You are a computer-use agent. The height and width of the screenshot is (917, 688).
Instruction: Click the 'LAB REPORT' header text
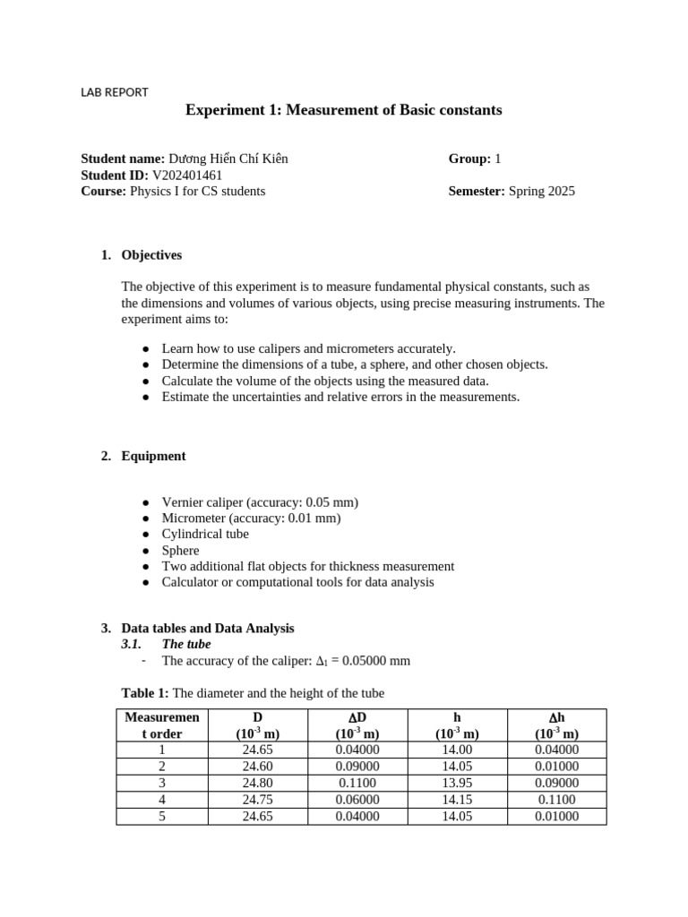click(x=115, y=91)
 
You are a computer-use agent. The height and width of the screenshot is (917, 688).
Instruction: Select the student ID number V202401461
click(x=187, y=175)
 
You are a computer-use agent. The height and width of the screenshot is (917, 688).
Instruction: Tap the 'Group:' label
click(x=469, y=159)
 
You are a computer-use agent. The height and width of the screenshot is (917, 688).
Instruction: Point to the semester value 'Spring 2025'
click(x=542, y=191)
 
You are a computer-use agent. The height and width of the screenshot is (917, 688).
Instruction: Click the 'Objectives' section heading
click(x=151, y=255)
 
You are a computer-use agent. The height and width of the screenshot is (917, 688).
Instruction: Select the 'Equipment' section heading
click(x=153, y=456)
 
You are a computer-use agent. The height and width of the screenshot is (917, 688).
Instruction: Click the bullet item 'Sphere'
click(x=180, y=551)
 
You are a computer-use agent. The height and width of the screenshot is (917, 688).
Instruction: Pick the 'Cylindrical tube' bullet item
click(x=205, y=535)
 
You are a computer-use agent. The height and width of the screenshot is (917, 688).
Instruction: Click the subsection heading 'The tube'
click(x=186, y=645)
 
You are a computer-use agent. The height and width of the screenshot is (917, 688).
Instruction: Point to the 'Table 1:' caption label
click(x=145, y=693)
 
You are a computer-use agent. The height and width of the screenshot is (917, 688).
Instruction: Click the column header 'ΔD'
click(x=357, y=717)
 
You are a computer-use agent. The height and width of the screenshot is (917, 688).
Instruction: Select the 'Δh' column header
click(x=556, y=717)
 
